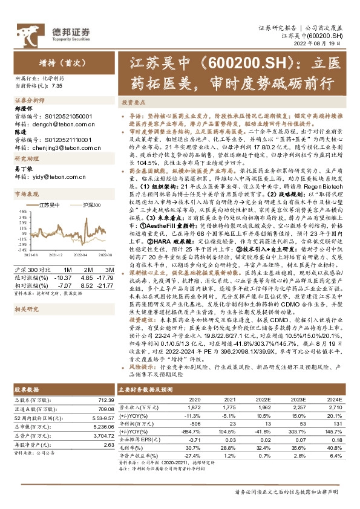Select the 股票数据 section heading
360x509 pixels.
(26, 391)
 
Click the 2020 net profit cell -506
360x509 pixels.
(194, 424)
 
